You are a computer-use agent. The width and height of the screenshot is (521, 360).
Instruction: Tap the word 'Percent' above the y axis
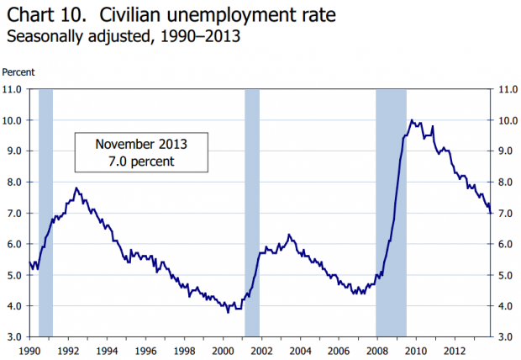18,72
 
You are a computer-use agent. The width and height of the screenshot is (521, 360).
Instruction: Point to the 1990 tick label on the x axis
29,349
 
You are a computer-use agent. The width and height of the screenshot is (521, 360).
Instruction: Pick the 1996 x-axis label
145,349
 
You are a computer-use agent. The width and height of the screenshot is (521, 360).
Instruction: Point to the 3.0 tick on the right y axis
505,336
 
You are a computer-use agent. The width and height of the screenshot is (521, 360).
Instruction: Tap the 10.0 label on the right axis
506,120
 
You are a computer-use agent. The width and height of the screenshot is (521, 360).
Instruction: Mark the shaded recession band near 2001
252,210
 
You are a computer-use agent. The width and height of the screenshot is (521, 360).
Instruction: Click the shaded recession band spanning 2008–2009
391,210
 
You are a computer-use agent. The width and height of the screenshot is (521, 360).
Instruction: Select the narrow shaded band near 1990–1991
46,210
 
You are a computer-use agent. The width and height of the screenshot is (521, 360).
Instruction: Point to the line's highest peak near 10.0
411,120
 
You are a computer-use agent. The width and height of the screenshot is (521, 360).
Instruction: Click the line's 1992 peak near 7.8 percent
76,188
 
